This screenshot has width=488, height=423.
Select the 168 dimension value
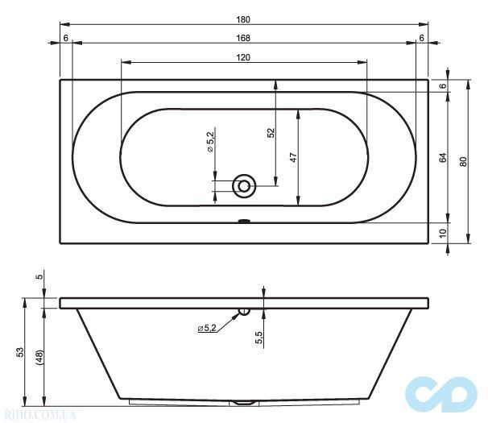[x=243, y=38]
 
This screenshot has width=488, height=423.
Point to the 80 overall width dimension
[x=462, y=161]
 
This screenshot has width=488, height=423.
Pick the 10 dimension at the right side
[x=443, y=234]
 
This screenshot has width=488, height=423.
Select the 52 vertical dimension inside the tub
[x=271, y=135]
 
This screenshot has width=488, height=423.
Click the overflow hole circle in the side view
[x=245, y=311]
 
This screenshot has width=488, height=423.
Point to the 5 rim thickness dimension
[x=38, y=276]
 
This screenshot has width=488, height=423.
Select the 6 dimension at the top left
[x=64, y=38]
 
